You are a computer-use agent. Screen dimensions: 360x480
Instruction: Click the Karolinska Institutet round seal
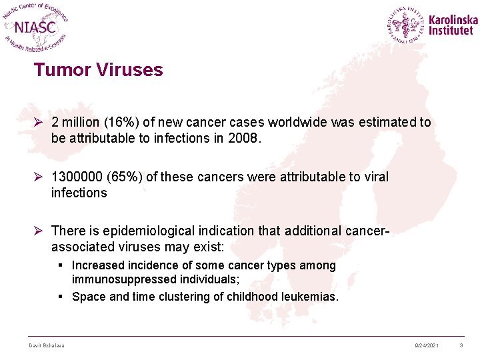point(406,25)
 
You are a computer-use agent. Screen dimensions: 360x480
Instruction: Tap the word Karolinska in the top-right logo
point(453,19)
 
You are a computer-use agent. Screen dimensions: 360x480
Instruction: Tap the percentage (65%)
point(127,177)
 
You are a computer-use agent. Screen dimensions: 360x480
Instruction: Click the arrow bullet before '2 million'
point(39,123)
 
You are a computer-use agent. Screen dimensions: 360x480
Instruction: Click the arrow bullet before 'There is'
point(39,231)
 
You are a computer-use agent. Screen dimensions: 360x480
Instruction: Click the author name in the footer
point(46,345)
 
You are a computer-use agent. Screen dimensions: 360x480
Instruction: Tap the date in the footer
point(427,345)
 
